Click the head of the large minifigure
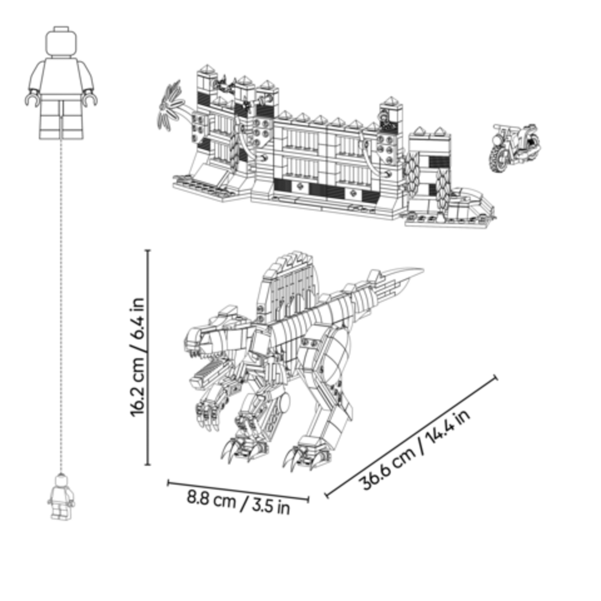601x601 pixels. (x=61, y=42)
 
